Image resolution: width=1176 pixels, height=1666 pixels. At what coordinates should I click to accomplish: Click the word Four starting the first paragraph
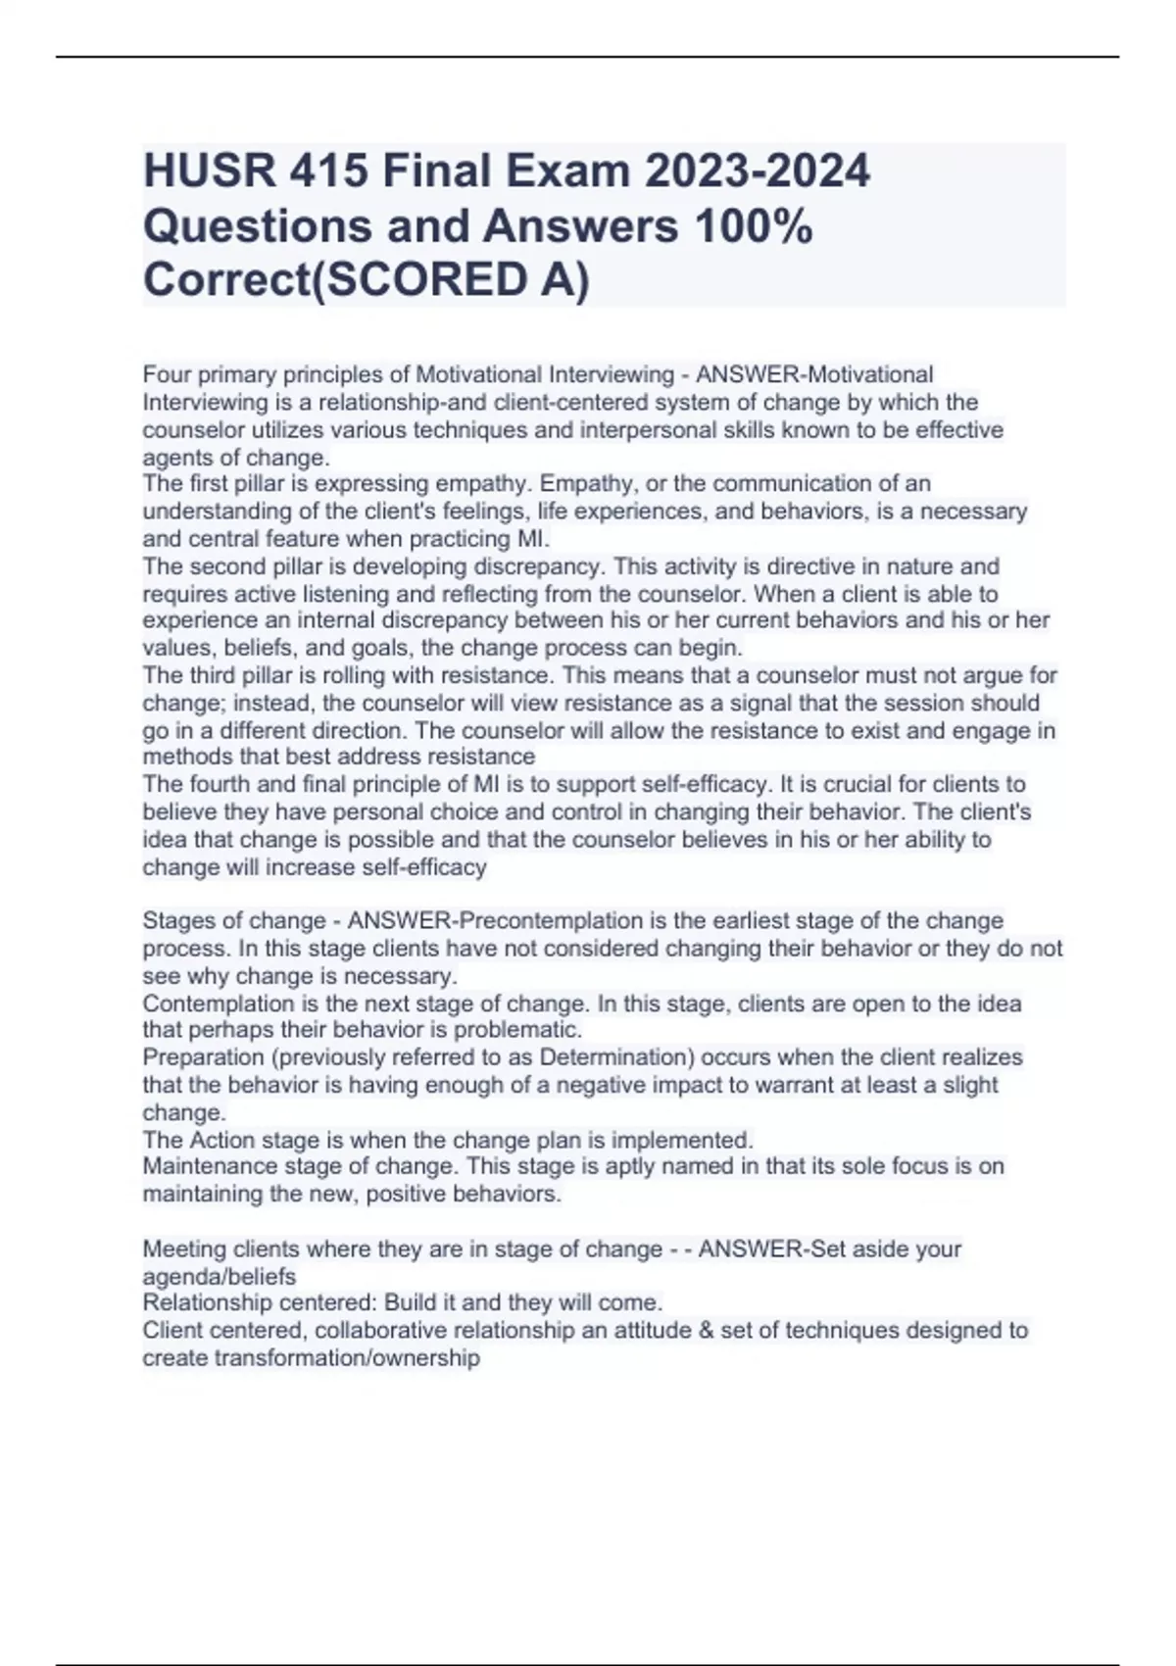167,374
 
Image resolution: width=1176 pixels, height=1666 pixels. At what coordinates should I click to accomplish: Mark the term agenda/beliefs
219,1276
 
